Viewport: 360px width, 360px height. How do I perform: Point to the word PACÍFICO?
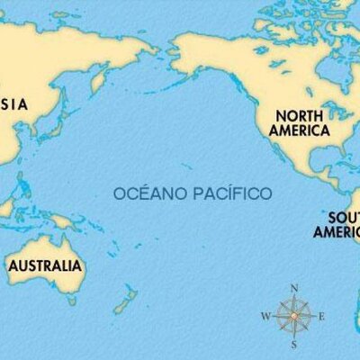(x=230, y=193)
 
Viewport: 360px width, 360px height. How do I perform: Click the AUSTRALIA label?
(x=45, y=266)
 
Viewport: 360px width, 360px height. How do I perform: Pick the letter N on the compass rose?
(x=293, y=288)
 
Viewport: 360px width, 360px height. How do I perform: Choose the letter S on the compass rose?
(x=294, y=345)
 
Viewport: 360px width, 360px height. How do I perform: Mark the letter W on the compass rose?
(x=265, y=317)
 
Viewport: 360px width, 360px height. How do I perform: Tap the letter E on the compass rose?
(x=321, y=317)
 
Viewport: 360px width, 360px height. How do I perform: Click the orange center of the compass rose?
(x=293, y=317)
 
